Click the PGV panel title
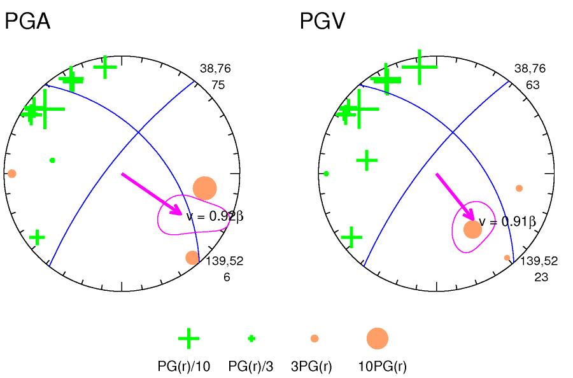pyautogui.click(x=322, y=22)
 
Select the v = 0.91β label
pyautogui.click(x=507, y=221)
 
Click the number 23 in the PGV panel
pyautogui.click(x=541, y=277)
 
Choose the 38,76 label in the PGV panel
pyautogui.click(x=530, y=69)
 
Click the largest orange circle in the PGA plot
pyautogui.click(x=205, y=188)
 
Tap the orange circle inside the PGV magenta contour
pyautogui.click(x=472, y=229)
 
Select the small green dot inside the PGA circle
pyautogui.click(x=52, y=160)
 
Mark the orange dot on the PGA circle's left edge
pyautogui.click(x=11, y=173)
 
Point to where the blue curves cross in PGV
pyautogui.click(x=452, y=132)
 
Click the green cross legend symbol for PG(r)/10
pyautogui.click(x=188, y=339)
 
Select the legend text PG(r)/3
pyautogui.click(x=251, y=367)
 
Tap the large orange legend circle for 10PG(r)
pyautogui.click(x=377, y=339)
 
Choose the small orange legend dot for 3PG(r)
pyautogui.click(x=315, y=339)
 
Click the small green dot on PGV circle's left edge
pyautogui.click(x=326, y=173)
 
